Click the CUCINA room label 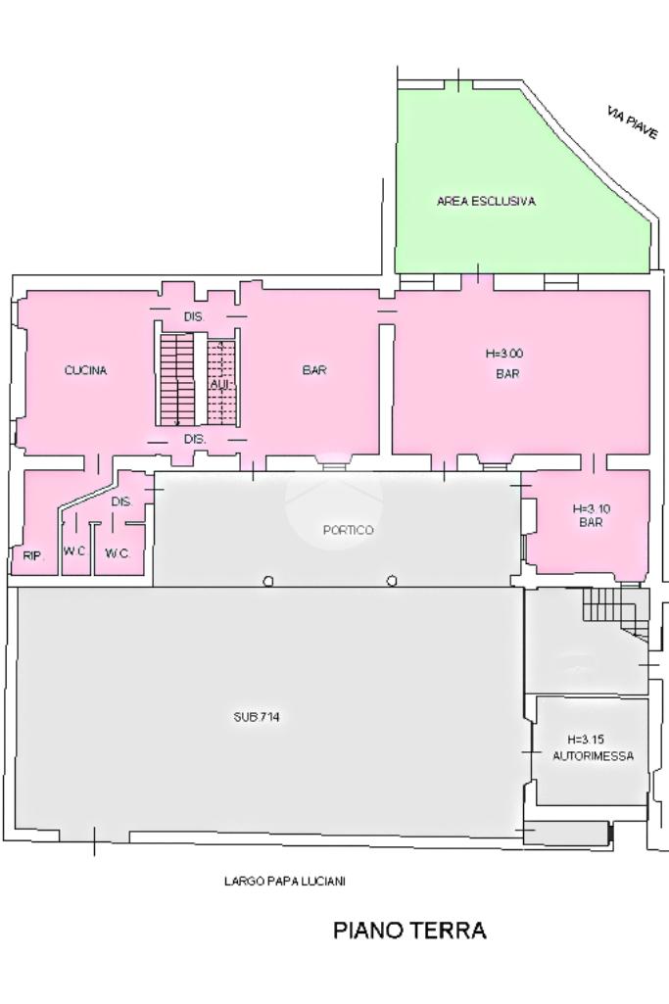tap(85, 370)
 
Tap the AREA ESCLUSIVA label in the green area tap(486, 201)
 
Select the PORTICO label tap(349, 530)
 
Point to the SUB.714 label tap(256, 717)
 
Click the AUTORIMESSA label tap(593, 755)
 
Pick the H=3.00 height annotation tap(504, 354)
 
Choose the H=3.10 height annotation tap(591, 509)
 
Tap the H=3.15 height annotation tap(585, 740)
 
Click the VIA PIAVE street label tap(633, 123)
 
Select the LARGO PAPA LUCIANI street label tap(285, 881)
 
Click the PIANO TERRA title tap(409, 930)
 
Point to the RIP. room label tap(33, 555)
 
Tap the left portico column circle tap(269, 581)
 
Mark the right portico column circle tap(392, 581)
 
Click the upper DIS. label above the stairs tap(194, 317)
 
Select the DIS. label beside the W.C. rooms tap(121, 502)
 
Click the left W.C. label tap(74, 550)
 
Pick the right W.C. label tap(118, 553)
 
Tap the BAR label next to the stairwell tap(314, 370)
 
